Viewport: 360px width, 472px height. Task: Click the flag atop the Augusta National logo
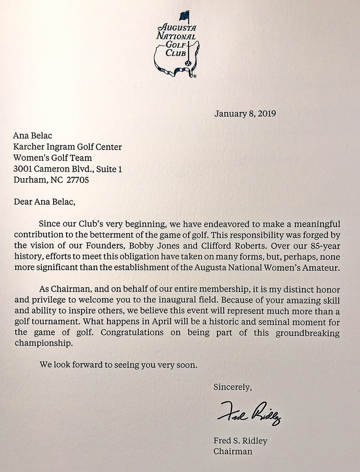(x=184, y=17)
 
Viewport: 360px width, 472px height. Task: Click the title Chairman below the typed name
(x=233, y=450)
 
